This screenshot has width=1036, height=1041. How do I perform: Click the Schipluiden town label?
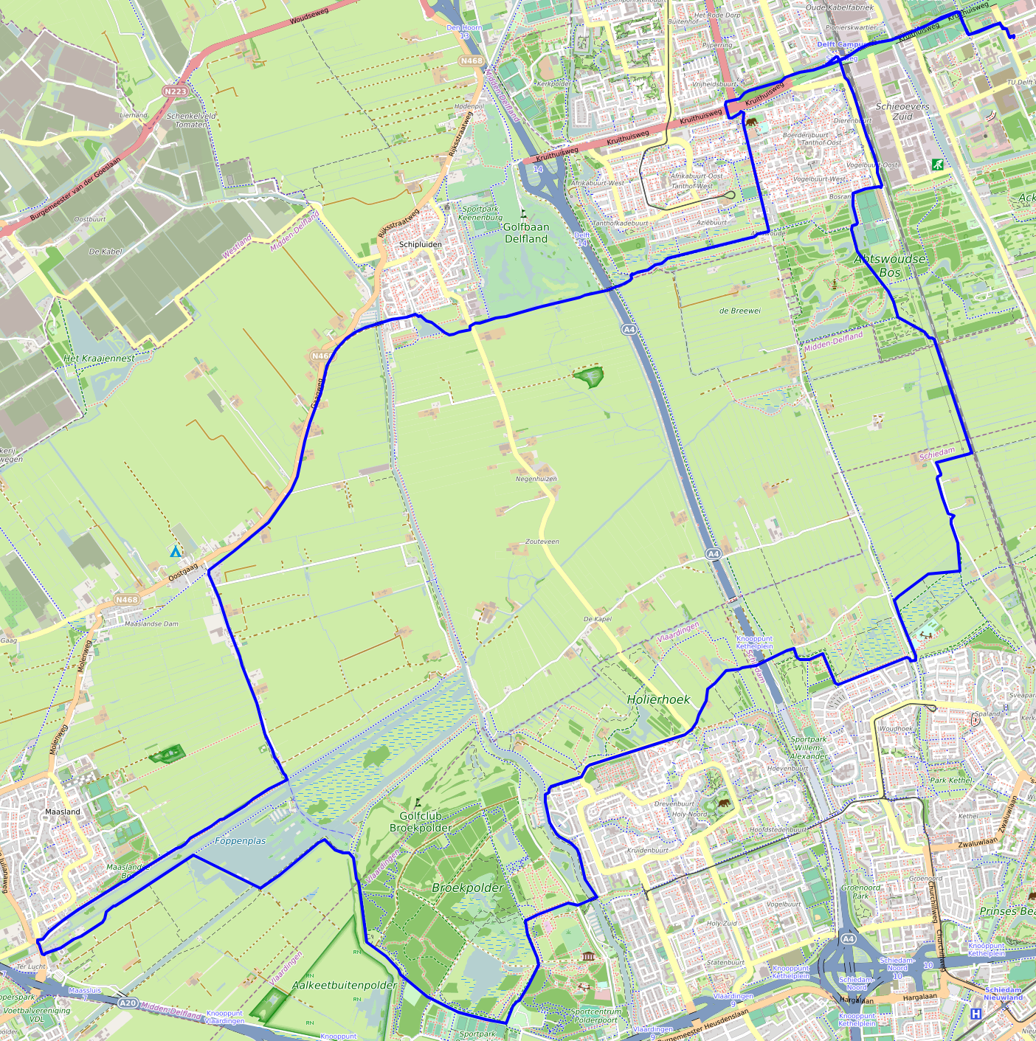click(x=420, y=244)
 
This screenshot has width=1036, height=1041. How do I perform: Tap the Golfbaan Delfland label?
click(x=526, y=233)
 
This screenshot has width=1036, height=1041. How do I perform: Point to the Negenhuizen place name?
click(x=536, y=479)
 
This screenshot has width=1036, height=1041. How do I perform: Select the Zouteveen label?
click(x=542, y=542)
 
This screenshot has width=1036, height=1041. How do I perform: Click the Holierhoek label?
click(x=658, y=699)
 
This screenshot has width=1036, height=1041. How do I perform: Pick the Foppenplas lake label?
click(x=241, y=840)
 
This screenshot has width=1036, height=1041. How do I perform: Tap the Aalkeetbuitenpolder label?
click(x=345, y=985)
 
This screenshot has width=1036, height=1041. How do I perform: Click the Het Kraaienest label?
click(x=99, y=359)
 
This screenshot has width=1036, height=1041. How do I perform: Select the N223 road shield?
click(x=176, y=91)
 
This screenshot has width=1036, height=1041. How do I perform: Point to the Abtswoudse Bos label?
click(x=890, y=266)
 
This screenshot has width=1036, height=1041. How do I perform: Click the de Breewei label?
click(x=739, y=311)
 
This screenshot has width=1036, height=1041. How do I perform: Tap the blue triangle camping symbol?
click(x=175, y=552)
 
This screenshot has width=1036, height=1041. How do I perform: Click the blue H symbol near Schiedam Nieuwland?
click(x=975, y=1014)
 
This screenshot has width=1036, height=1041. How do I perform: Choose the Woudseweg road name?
click(x=311, y=16)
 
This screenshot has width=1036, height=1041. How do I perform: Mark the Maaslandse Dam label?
click(x=151, y=623)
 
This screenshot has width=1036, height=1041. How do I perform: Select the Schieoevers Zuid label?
click(x=902, y=111)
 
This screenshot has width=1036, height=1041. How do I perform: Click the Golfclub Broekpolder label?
click(x=421, y=822)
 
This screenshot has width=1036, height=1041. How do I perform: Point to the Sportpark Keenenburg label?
click(x=480, y=213)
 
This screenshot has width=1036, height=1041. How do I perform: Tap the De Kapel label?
click(x=598, y=619)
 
